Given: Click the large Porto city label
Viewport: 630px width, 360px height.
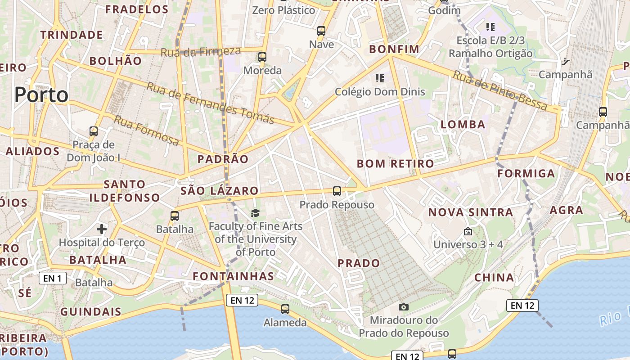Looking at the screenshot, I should point(41,95).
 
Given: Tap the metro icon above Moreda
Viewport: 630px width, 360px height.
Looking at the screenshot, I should point(262,57).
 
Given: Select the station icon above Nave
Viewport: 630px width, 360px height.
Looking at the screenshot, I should point(321,31).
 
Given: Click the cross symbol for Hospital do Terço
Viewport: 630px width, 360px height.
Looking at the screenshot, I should point(102,229).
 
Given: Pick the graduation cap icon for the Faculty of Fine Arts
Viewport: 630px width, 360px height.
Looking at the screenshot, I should point(255,213).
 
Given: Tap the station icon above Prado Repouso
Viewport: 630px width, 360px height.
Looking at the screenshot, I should point(337,191).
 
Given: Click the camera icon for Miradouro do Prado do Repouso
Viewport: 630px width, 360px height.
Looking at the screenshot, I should point(404,307).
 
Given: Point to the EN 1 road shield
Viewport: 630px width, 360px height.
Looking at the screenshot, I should point(53,278).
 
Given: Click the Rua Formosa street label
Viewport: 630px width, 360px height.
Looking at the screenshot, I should point(146,130).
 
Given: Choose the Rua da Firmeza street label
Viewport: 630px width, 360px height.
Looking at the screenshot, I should point(200,52).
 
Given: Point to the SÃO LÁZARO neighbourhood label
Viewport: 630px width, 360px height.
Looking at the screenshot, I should point(219,191).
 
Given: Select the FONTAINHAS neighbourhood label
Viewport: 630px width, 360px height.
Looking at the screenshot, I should point(233,276).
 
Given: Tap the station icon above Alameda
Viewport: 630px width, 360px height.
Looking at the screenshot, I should point(285,309).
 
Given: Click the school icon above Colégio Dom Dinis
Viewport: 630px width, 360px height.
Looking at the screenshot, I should point(379,78).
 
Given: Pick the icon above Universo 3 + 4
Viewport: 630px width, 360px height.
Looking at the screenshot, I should point(468,232).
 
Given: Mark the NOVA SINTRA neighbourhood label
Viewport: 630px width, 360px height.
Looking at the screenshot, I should point(470,212).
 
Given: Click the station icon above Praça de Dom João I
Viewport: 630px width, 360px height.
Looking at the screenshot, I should point(94,131).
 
